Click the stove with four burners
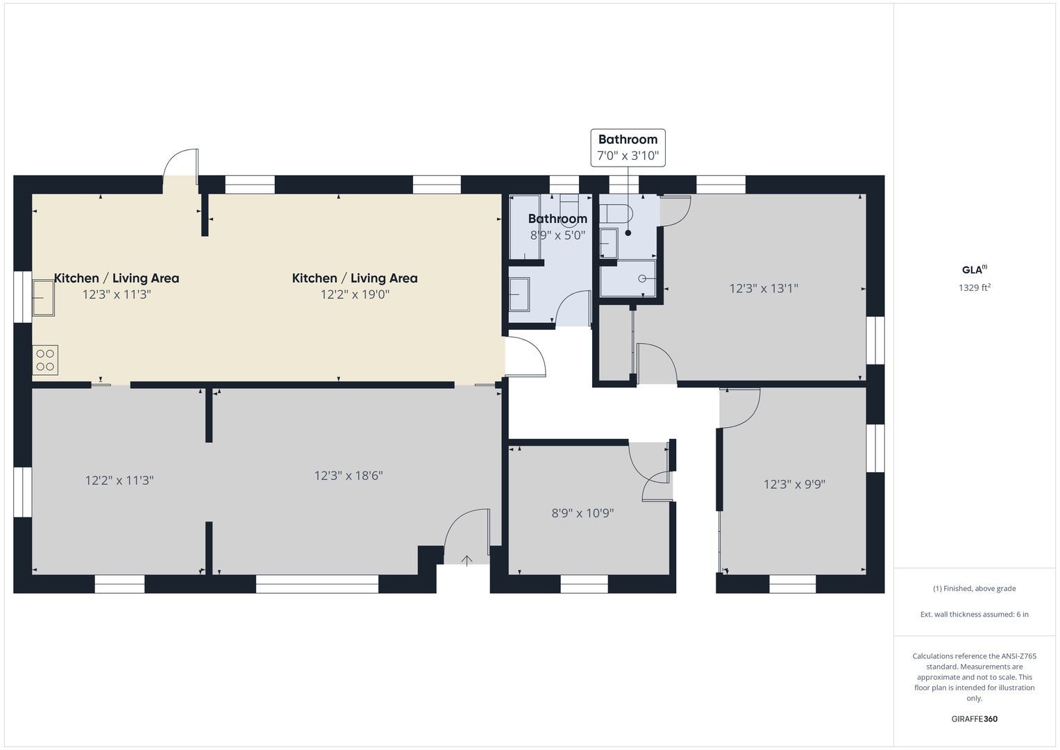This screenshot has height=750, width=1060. click(45, 360)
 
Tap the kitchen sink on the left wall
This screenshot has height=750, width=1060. click(43, 297)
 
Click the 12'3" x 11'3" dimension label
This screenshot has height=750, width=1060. click(117, 294)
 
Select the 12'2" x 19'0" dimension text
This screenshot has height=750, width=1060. click(355, 294)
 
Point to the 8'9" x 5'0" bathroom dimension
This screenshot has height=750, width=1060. click(557, 235)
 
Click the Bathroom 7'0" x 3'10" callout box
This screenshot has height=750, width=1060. click(628, 148)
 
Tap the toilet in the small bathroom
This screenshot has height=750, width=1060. click(616, 214)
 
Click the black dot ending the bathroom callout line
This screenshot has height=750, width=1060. click(628, 233)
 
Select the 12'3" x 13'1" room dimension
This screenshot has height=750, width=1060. click(764, 288)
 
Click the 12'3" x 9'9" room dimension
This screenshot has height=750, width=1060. click(795, 485)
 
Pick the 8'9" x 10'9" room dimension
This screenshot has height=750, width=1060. click(582, 512)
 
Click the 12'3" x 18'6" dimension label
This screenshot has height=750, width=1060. click(348, 476)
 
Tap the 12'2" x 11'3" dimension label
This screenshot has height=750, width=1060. click(119, 481)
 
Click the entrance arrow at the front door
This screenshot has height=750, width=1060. click(466, 560)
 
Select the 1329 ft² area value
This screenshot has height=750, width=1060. click(975, 287)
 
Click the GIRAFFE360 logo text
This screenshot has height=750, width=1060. click(975, 719)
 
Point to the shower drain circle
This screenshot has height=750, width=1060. click(642, 279)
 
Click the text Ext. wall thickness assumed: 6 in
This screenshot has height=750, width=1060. click(975, 614)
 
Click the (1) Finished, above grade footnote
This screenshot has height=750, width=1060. click(975, 589)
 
